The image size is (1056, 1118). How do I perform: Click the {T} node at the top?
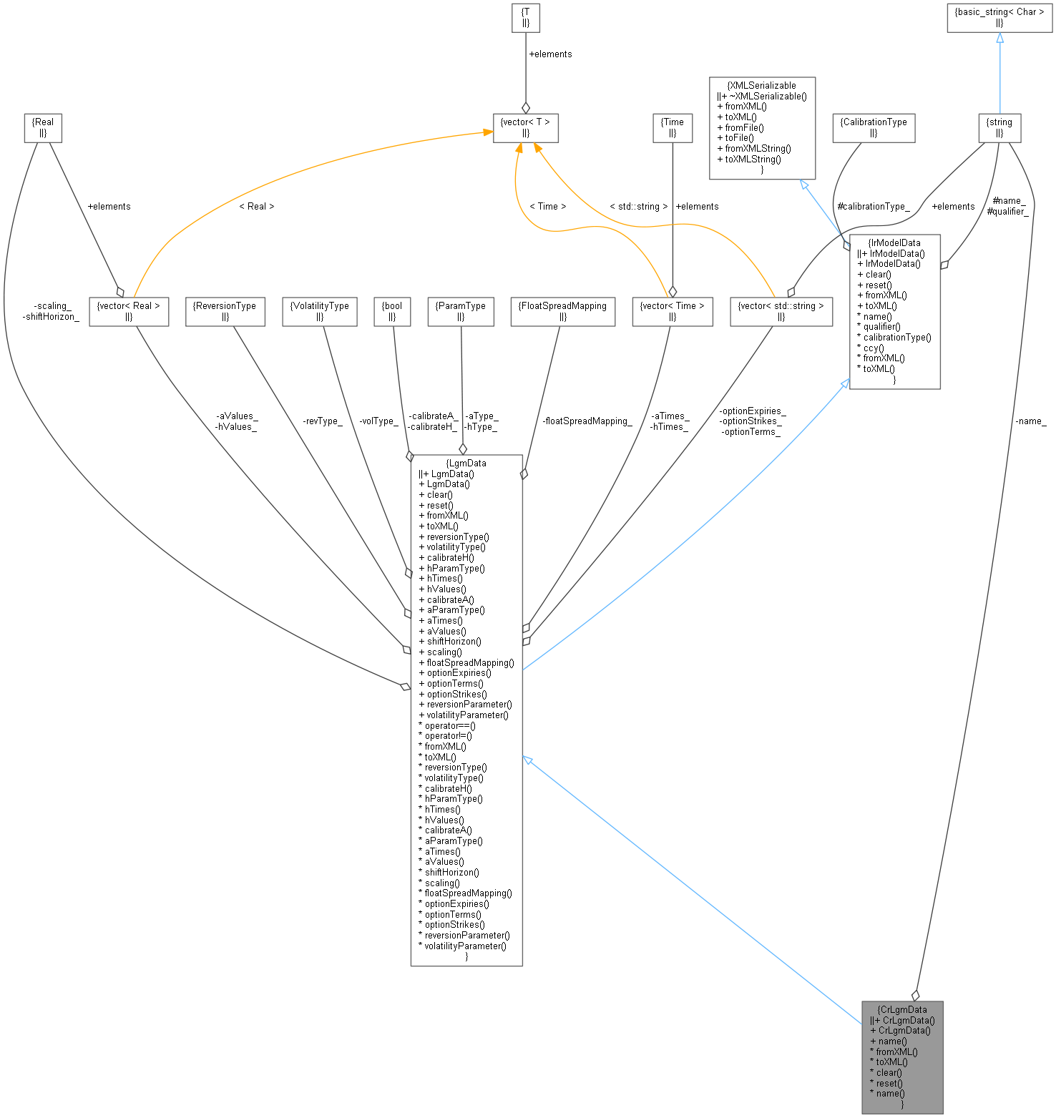526,18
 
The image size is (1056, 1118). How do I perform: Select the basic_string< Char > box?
999,18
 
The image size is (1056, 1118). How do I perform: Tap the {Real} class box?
43,128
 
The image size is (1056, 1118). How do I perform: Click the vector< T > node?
526,128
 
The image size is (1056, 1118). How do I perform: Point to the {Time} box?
673,128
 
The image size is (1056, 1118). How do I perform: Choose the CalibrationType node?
874,128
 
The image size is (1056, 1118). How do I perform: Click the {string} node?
999,128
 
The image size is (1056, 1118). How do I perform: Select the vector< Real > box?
129,311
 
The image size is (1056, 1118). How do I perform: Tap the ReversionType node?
225,311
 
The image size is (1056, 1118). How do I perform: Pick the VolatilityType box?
320,311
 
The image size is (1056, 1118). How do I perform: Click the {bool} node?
392,311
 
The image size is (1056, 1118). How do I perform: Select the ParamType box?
461,311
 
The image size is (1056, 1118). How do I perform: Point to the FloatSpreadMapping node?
562,311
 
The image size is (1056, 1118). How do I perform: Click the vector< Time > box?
673,311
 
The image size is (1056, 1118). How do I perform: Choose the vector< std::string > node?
781,311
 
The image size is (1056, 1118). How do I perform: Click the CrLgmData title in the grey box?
902,1010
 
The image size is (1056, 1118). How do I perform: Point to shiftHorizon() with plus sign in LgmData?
454,642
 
